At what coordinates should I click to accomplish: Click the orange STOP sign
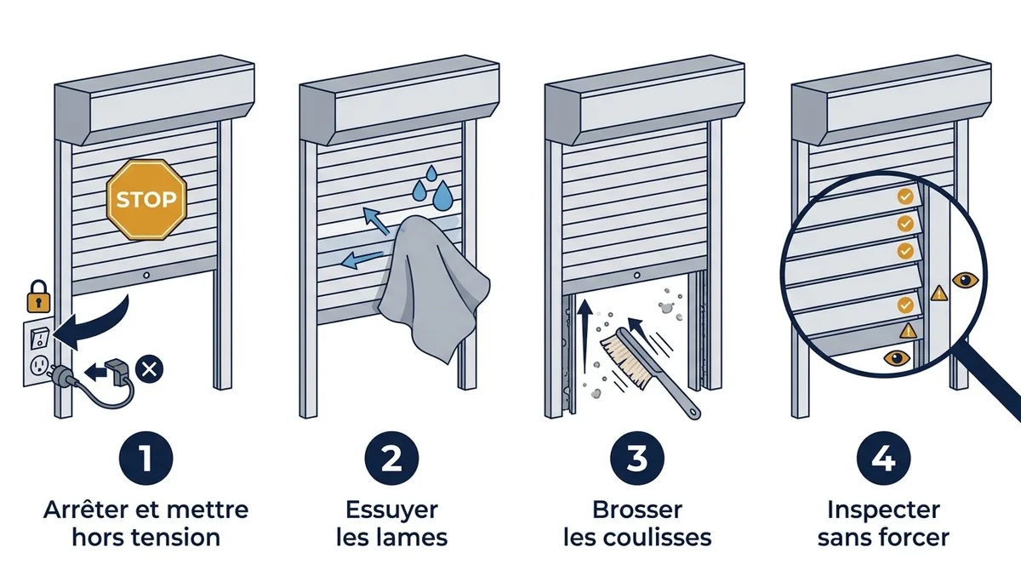146,200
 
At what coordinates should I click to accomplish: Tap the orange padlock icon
38,297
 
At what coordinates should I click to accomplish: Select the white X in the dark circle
149,368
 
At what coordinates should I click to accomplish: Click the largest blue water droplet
443,196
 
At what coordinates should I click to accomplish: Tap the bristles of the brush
620,360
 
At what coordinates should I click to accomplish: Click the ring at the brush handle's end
693,413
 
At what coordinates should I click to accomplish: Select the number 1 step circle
145,458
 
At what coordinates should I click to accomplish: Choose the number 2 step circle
391,458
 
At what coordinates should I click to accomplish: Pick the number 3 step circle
637,458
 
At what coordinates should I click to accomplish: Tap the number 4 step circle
883,458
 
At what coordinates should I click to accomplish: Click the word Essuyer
391,510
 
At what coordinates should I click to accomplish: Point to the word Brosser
637,510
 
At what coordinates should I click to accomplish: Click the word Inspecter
883,510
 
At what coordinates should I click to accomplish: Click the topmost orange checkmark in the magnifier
905,197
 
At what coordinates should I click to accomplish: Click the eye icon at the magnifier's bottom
897,357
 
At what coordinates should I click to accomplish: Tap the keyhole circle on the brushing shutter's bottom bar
636,275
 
